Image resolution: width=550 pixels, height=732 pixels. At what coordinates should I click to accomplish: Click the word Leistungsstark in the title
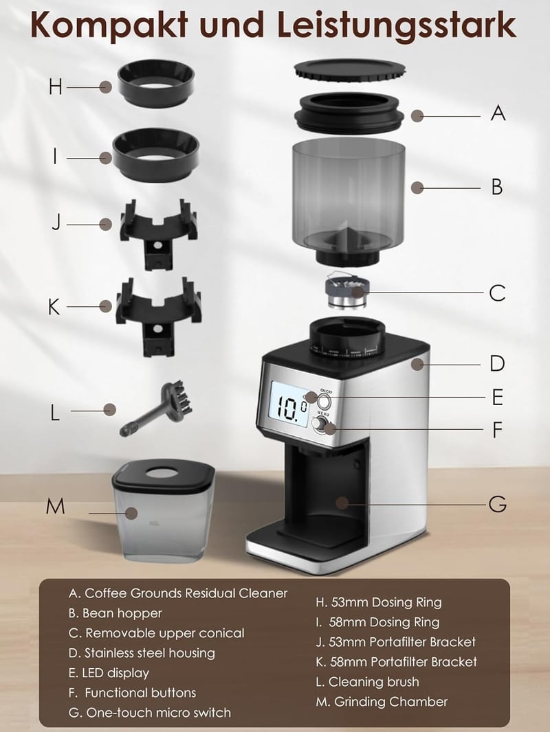click(x=397, y=25)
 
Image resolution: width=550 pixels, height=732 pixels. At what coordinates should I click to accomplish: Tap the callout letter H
click(x=55, y=87)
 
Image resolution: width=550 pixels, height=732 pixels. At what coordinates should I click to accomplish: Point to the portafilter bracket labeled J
click(x=158, y=233)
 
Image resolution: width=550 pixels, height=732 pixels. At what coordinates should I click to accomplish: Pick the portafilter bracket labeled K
click(x=158, y=315)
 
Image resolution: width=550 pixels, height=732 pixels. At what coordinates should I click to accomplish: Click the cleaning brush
click(x=155, y=408)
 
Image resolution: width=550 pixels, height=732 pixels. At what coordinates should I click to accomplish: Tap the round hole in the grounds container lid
click(x=162, y=474)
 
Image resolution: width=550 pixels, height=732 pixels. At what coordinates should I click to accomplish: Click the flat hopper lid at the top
click(x=349, y=70)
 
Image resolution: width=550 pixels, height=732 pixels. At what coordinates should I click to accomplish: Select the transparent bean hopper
click(x=348, y=201)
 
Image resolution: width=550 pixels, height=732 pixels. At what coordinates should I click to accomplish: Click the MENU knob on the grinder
click(x=319, y=424)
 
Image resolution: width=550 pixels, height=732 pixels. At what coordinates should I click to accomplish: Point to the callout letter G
click(x=498, y=504)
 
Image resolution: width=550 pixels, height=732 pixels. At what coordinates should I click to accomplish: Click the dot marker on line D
click(x=418, y=364)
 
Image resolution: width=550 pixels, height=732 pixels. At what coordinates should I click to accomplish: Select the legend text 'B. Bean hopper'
click(x=115, y=613)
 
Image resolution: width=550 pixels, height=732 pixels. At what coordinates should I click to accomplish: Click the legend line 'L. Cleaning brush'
click(x=367, y=682)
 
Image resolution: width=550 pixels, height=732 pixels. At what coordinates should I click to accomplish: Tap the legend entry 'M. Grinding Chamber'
click(x=382, y=702)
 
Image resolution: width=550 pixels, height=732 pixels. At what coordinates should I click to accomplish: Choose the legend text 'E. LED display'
click(x=109, y=673)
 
